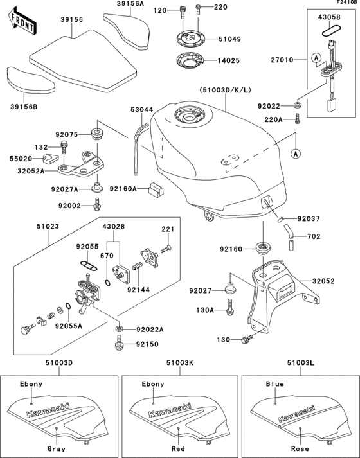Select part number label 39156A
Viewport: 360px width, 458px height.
131,4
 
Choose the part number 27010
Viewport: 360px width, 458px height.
280,60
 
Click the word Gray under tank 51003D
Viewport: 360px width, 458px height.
54,448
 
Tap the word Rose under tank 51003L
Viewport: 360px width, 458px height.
300,448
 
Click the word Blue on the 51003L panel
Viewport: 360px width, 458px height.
274,384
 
